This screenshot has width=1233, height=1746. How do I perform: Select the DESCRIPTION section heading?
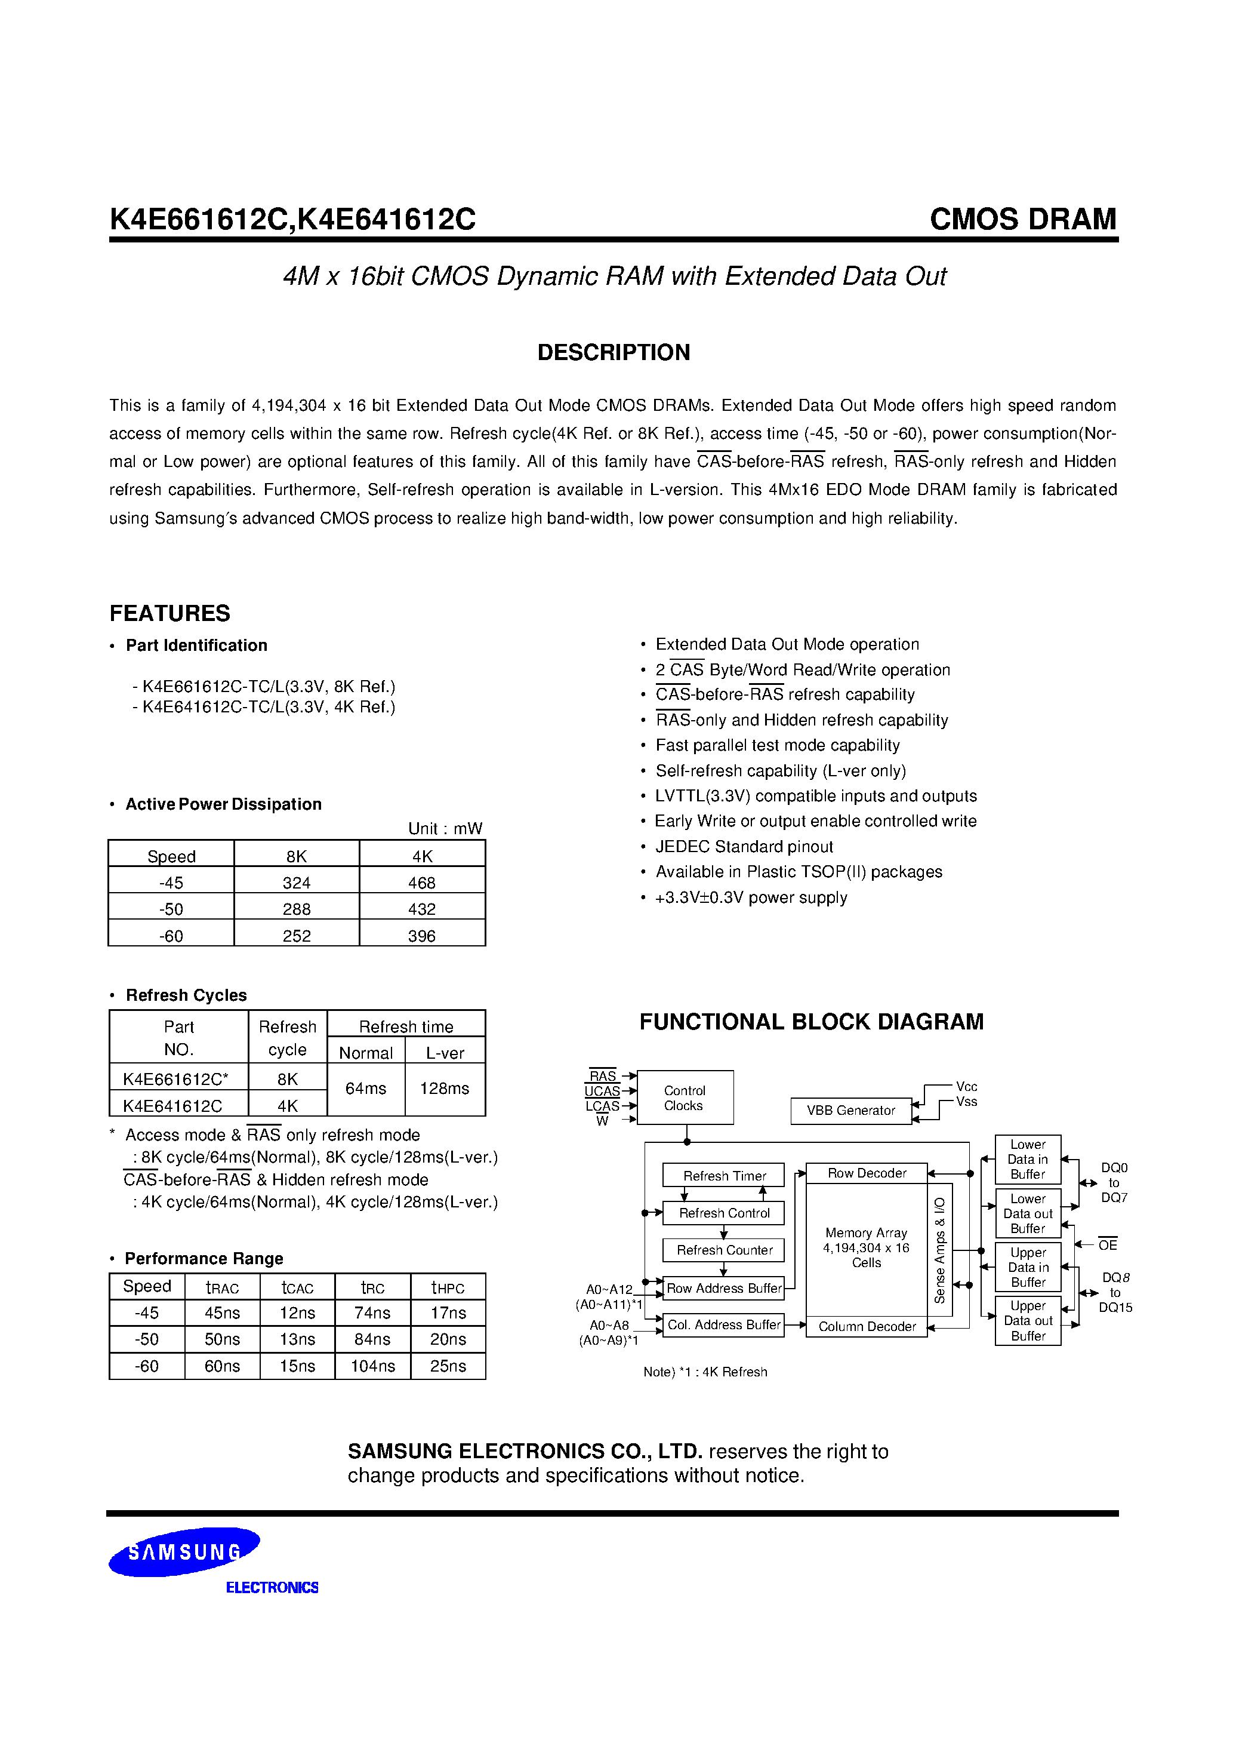click(614, 352)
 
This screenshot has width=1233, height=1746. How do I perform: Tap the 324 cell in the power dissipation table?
click(297, 883)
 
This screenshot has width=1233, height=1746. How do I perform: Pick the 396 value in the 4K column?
click(422, 936)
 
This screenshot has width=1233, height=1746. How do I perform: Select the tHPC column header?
click(448, 1287)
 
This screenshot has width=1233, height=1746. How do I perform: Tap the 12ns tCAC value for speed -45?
click(297, 1313)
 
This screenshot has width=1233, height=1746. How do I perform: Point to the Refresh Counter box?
click(724, 1250)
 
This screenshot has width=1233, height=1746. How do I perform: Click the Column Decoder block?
click(867, 1326)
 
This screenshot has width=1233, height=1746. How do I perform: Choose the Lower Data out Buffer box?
click(1028, 1214)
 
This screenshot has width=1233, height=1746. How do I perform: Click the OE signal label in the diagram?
click(1108, 1245)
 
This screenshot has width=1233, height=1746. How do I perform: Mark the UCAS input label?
click(602, 1092)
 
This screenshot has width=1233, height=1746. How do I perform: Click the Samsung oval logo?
click(184, 1551)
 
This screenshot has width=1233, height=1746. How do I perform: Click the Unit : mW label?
click(445, 828)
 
